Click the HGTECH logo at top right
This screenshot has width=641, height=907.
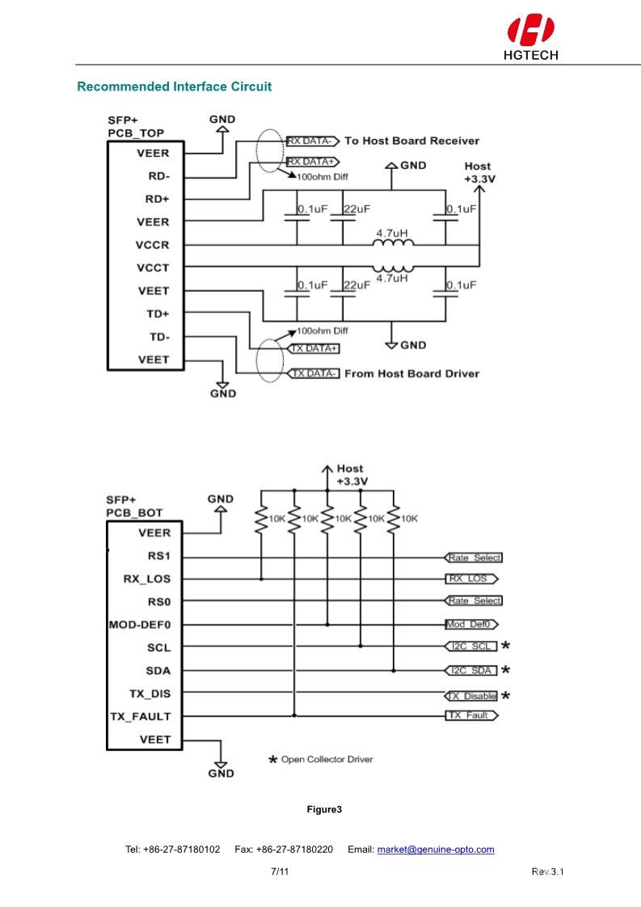coord(530,38)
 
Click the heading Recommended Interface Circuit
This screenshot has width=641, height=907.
coord(174,86)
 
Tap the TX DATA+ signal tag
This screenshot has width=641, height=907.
coord(314,349)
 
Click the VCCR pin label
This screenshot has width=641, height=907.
coord(153,245)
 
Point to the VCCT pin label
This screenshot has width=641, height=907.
coord(153,268)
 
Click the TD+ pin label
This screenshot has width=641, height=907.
coord(158,314)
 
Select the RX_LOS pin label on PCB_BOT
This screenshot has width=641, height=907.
coord(147,579)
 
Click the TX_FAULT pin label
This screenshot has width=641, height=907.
coord(140,716)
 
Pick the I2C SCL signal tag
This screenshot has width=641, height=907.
coord(472,647)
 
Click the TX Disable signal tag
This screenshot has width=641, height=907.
coord(472,696)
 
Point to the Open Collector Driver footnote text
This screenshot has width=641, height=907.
coord(327,760)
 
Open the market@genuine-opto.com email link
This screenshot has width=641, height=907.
coord(436,850)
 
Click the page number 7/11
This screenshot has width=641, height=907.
coord(280,871)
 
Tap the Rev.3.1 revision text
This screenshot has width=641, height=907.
coord(547,871)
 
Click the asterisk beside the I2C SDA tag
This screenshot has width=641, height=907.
coord(506,670)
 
